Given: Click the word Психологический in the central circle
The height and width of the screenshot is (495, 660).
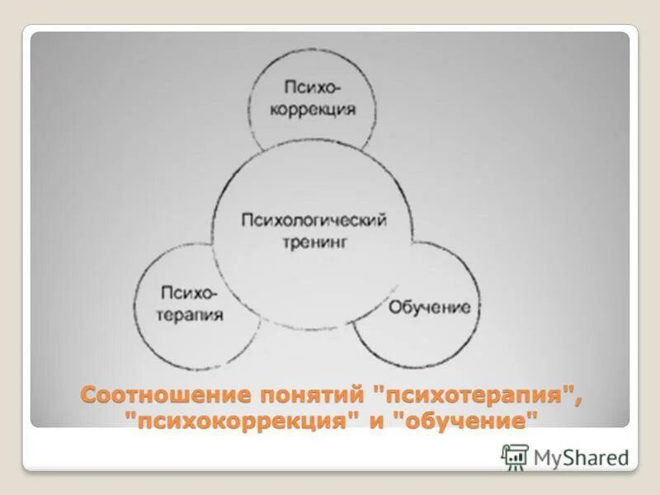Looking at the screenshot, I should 313,220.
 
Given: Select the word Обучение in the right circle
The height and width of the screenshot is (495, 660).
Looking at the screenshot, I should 429,308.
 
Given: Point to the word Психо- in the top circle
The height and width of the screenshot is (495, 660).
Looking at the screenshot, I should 311,86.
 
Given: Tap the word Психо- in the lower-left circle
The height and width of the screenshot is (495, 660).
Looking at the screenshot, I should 191,291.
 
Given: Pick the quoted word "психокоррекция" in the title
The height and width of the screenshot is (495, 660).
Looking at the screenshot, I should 243,421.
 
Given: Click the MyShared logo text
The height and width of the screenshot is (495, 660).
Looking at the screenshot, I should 581,455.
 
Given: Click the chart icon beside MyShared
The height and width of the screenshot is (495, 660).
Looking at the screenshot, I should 515,456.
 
